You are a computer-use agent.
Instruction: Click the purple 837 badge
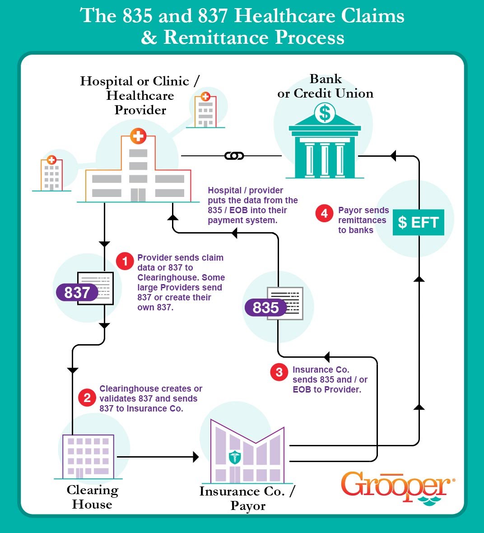[77, 292]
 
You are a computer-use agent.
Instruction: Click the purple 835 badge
[265, 308]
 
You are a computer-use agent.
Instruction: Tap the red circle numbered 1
[125, 261]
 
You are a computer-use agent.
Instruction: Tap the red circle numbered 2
[87, 397]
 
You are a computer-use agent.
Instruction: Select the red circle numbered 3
[279, 372]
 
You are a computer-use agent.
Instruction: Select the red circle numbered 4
[324, 213]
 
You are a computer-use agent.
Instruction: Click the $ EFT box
[418, 222]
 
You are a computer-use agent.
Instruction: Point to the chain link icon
[234, 156]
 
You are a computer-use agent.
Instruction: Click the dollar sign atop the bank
[325, 113]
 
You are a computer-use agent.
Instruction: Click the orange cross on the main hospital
[138, 136]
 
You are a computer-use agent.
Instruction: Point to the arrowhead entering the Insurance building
[195, 457]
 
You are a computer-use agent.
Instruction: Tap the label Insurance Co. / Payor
[247, 498]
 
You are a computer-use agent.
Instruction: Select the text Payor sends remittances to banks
[363, 220]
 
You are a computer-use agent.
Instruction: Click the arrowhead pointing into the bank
[393, 156]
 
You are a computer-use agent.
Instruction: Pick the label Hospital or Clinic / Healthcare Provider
[140, 95]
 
